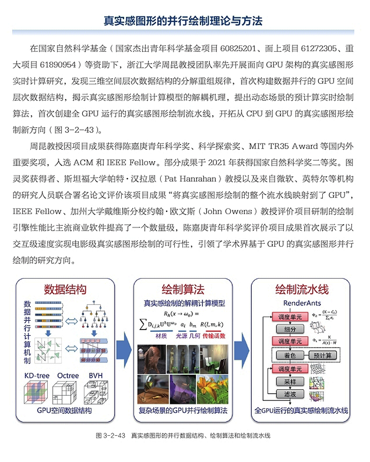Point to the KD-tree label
pyautogui.click(x=37, y=375)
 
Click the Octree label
pyautogui.click(x=68, y=375)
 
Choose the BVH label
pyautogui.click(x=95, y=375)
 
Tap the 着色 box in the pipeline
pyautogui.click(x=286, y=355)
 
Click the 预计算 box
pyautogui.click(x=322, y=355)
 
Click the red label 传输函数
pyautogui.click(x=217, y=337)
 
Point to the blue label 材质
pyautogui.click(x=153, y=337)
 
